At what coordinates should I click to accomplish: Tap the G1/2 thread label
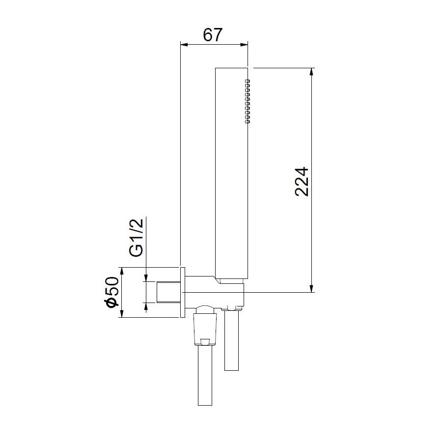point(137,238)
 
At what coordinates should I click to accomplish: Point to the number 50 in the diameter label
point(111,286)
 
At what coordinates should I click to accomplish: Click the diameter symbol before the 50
point(111,302)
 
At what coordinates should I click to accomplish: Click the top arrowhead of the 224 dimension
point(311,72)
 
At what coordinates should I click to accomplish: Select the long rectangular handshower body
point(231,172)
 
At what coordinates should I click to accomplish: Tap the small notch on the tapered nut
point(206,340)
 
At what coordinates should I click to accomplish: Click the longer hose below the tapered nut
point(206,376)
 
